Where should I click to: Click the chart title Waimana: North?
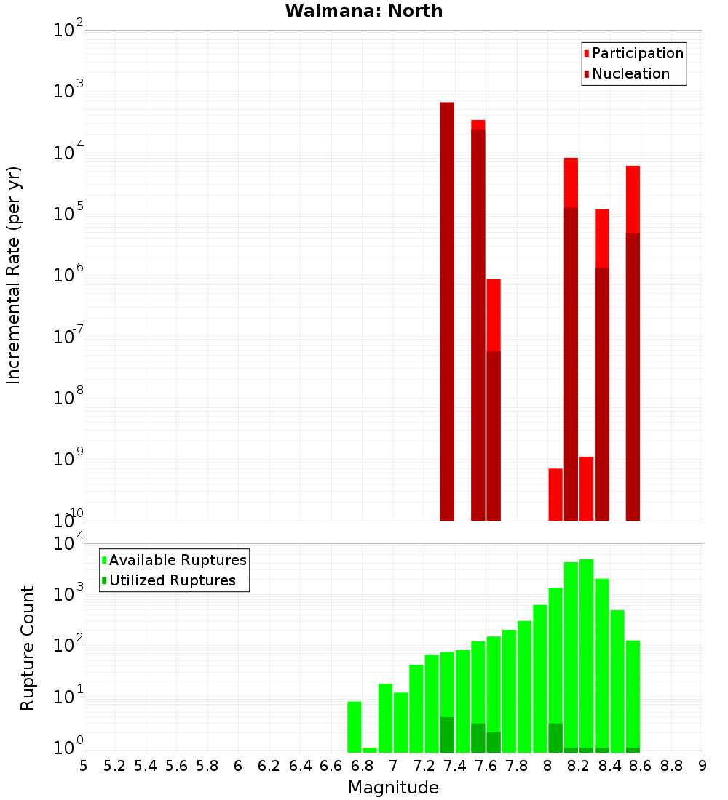tap(364, 11)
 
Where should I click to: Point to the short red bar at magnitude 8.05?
tap(555, 495)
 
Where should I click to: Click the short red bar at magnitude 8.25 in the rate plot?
tap(587, 489)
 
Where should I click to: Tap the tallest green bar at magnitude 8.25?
tap(587, 655)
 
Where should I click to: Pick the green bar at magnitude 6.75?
tap(355, 727)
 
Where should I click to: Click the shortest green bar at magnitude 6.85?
tap(370, 750)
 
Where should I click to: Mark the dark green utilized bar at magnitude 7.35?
tap(447, 735)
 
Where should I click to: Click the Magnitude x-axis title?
tap(393, 788)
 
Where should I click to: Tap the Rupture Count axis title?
tap(28, 648)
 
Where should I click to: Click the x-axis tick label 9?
tap(702, 766)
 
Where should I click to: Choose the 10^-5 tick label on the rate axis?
tap(67, 215)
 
